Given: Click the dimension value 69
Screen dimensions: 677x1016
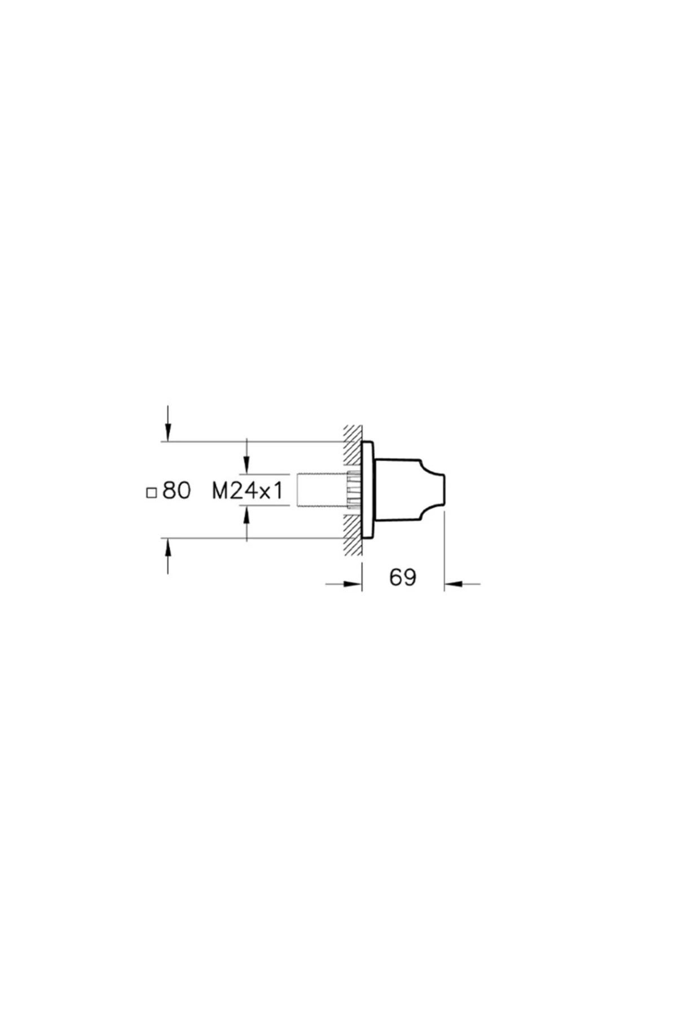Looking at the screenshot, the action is point(403,577).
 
